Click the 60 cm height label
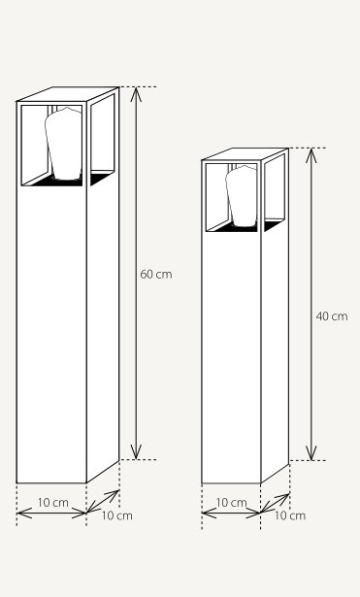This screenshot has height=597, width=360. point(156,274)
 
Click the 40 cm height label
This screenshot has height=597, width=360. point(332,316)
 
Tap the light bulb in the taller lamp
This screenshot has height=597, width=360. point(63,144)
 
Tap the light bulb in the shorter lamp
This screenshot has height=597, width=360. point(242,196)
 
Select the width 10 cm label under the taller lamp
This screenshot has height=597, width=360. point(53,503)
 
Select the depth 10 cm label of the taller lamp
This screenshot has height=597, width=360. point(116,515)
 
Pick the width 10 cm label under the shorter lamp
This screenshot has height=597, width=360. point(231,503)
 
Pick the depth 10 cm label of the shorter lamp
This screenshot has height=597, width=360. point(290,515)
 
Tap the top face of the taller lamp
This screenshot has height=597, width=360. point(68,94)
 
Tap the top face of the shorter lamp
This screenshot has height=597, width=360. point(245,153)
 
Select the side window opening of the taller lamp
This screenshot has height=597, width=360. point(102,140)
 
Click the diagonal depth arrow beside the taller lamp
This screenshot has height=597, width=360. point(103,501)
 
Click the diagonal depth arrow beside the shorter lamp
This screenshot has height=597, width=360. point(276,503)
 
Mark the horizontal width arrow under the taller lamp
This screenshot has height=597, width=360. point(51,513)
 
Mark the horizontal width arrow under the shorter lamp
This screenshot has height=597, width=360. point(231,513)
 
